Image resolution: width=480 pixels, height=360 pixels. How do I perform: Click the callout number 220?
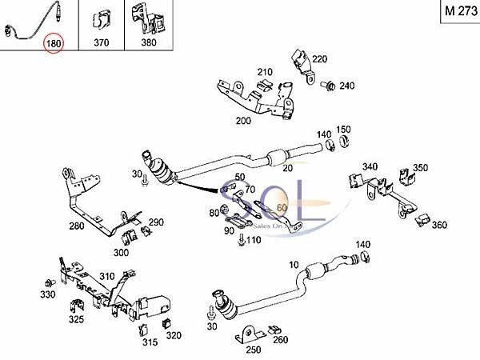(x=319, y=59)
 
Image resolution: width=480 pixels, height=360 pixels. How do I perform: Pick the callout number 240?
(x=346, y=86)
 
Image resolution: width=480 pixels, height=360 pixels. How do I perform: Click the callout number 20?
(x=286, y=169)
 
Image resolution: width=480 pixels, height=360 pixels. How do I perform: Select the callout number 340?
(x=370, y=166)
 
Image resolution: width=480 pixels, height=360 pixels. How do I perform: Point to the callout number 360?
(x=438, y=225)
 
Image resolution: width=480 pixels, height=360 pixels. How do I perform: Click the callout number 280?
(x=77, y=226)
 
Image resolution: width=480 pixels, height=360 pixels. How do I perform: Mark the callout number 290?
(x=156, y=222)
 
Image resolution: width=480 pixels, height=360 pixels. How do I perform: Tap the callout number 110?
(x=254, y=240)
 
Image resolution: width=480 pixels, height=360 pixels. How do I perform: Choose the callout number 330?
(x=49, y=295)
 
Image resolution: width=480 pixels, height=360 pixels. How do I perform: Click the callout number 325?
(x=77, y=319)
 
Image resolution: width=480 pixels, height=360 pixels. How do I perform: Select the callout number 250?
(x=253, y=350)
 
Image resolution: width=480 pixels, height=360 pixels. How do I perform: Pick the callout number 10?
(x=293, y=264)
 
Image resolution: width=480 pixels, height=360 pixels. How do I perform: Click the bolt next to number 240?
(x=329, y=84)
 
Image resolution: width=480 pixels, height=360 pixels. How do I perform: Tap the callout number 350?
(x=420, y=168)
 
